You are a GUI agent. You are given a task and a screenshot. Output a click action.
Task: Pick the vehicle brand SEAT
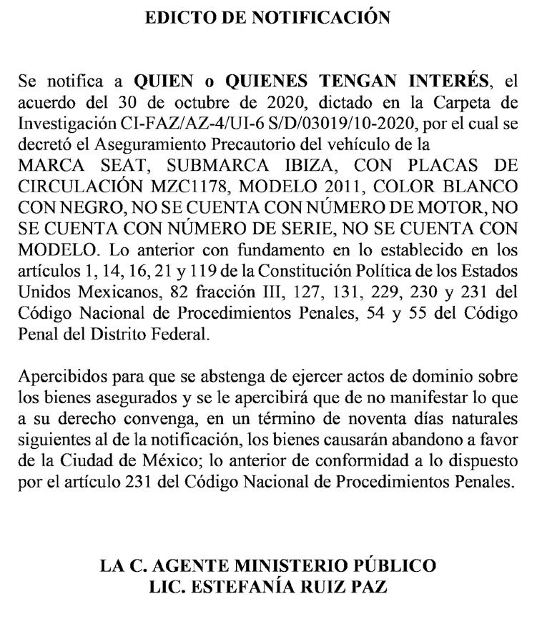tap(120, 166)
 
